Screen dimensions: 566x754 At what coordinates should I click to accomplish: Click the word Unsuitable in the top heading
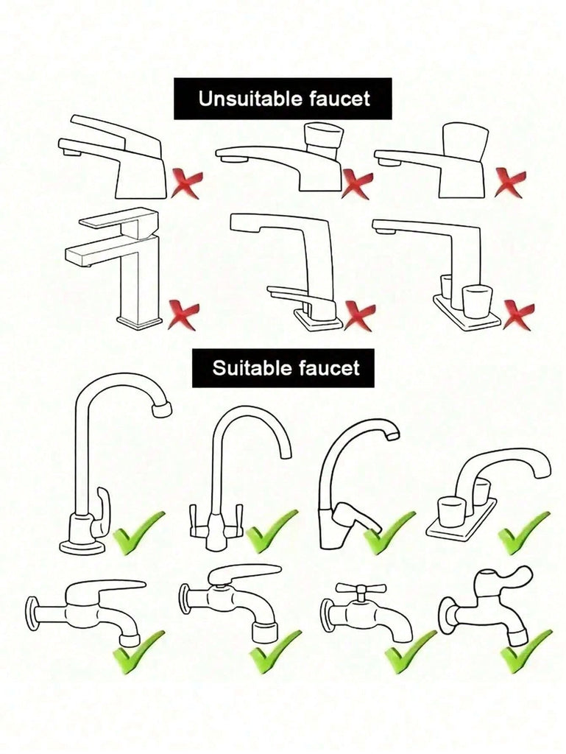coord(250,99)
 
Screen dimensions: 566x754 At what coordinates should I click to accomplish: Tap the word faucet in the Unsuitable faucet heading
coord(340,99)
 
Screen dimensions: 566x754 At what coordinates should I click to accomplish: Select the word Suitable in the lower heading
coord(252,368)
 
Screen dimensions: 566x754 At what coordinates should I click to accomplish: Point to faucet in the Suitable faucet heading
coord(329,368)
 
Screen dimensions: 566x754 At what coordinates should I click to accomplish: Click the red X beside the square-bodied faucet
coord(183,315)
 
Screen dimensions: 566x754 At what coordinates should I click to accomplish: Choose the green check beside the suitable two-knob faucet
coord(524,532)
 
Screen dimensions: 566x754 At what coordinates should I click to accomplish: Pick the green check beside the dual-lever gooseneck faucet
coord(272,532)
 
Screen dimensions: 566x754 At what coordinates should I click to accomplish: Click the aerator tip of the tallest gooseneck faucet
coord(162,409)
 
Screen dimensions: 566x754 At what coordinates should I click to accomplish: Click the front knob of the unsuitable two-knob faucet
coord(475,301)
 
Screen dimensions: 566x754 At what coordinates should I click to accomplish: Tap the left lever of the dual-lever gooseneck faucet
coord(194,520)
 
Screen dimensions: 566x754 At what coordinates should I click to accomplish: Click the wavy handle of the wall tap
coord(504,576)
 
